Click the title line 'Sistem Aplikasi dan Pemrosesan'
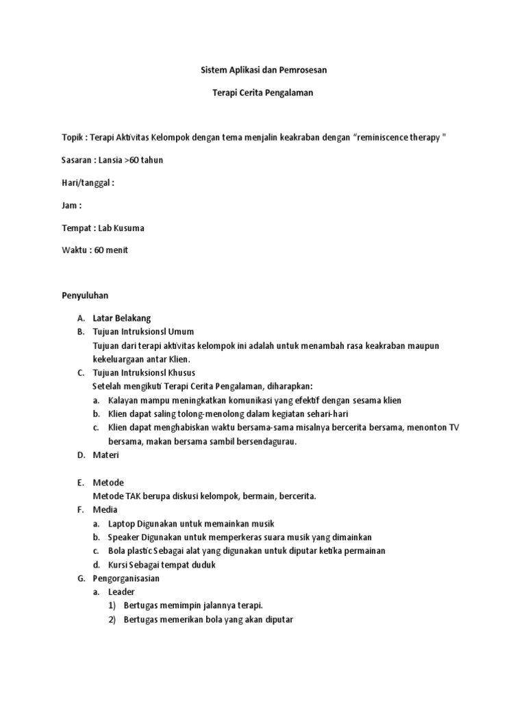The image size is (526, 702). pos(264,70)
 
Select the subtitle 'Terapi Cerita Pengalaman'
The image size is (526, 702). pos(264,93)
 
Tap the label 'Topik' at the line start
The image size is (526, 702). pos(73,138)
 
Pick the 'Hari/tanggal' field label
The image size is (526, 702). pos(86,183)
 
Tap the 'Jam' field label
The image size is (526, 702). pos(70,205)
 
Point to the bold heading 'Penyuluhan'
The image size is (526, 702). pos(86,295)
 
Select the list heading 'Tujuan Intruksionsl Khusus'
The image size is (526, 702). pos(145,373)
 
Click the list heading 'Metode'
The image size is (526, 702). pos(108,483)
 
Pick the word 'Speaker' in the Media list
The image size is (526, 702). pos(124,537)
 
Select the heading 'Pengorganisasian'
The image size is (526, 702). pos(127,579)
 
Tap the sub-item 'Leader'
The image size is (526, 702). pos(122,592)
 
